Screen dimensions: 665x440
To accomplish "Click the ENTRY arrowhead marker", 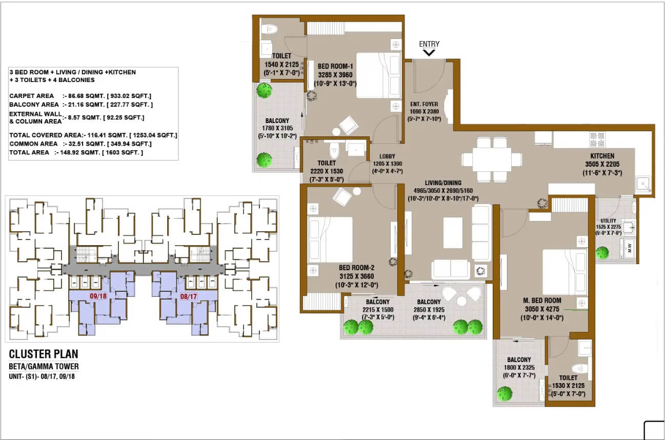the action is [x=429, y=53].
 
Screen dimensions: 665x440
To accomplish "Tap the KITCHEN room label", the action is [x=602, y=156].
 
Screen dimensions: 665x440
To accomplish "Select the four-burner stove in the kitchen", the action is [x=597, y=139].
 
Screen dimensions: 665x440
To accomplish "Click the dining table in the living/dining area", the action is [x=492, y=159].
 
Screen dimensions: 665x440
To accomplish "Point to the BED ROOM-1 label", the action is [x=335, y=66].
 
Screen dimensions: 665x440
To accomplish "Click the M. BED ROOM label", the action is [x=542, y=301].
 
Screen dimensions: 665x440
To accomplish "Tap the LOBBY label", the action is [x=387, y=156].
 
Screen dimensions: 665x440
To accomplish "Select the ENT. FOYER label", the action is [x=424, y=104].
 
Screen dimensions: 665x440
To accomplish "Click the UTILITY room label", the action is [x=608, y=221].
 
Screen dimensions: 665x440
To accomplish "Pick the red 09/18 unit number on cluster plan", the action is [x=98, y=296].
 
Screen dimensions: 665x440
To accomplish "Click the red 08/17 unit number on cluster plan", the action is [x=189, y=296].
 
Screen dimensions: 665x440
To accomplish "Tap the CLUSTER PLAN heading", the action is [x=44, y=354].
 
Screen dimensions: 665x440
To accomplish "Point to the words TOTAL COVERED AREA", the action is [x=46, y=135].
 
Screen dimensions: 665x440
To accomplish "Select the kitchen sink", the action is [x=643, y=184].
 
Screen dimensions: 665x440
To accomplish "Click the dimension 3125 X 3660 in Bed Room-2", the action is [x=356, y=276].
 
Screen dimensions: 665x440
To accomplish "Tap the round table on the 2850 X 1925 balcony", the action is [x=461, y=301].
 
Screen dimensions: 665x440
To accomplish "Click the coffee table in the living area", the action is [x=453, y=233].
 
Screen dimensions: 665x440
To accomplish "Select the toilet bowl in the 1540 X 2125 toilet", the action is [x=269, y=29].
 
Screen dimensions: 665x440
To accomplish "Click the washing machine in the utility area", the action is [x=628, y=248].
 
